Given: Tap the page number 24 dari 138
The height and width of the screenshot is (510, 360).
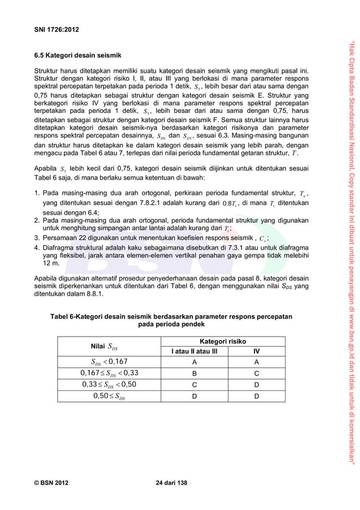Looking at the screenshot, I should click(x=171, y=483).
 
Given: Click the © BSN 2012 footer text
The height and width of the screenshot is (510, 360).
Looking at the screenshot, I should click(x=53, y=483).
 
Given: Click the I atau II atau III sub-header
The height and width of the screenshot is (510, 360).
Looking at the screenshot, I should click(x=194, y=351).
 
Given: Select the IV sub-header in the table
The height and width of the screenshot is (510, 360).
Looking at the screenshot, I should click(x=257, y=351).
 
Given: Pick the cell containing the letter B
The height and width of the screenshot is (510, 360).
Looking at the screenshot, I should click(x=194, y=373).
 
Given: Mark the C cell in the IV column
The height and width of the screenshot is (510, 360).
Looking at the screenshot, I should click(x=257, y=373).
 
